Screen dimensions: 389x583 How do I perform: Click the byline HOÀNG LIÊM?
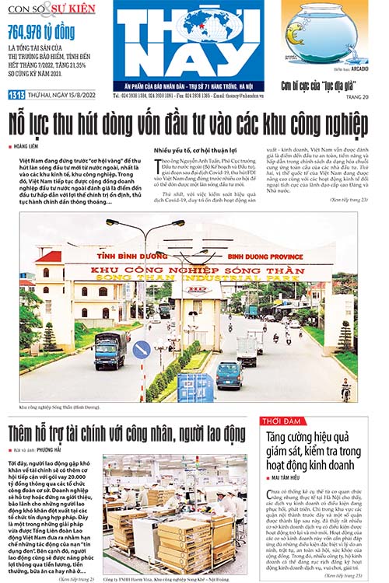(x=30, y=145)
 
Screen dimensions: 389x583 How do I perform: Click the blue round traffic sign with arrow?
(x=141, y=350)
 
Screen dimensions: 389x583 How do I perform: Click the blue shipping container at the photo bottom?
(x=195, y=386)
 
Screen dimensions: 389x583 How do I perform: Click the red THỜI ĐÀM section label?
(x=285, y=421)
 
